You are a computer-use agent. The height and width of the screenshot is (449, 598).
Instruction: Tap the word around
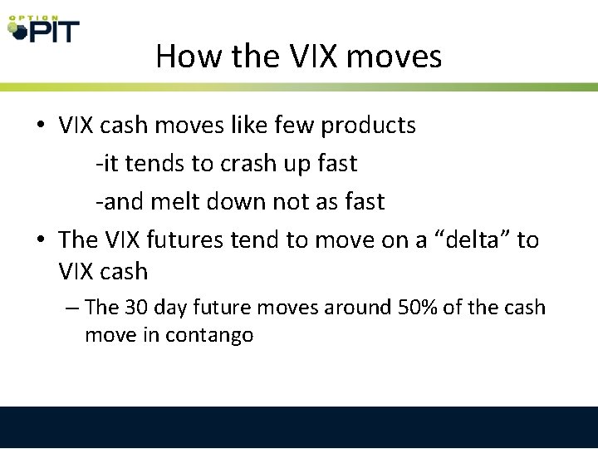pos(338,307)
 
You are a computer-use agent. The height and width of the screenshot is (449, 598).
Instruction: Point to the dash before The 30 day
pos(71,308)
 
